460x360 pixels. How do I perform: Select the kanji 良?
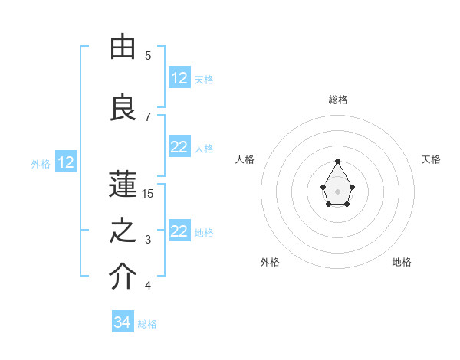point(123,106)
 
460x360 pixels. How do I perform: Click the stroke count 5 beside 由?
point(148,56)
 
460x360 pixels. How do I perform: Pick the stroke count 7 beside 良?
point(148,116)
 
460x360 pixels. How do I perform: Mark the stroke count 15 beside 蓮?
point(148,194)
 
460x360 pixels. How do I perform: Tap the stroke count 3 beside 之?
point(148,241)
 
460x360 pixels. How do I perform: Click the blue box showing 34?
point(123,322)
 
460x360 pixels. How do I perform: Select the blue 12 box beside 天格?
point(179,78)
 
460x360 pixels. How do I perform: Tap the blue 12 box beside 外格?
point(65,162)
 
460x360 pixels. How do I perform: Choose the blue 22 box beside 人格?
point(179,148)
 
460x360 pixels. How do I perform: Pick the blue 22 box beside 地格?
point(179,231)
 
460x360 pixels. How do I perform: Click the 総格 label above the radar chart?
point(337,100)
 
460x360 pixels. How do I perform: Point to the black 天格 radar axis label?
point(431,159)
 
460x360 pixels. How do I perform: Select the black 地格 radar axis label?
point(402,262)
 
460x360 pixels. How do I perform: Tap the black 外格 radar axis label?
point(270,262)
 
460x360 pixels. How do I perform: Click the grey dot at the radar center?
point(337,191)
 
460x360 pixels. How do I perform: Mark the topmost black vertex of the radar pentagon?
point(337,161)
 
